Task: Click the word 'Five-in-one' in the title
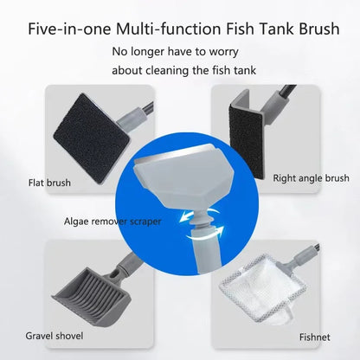click(x=68, y=29)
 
